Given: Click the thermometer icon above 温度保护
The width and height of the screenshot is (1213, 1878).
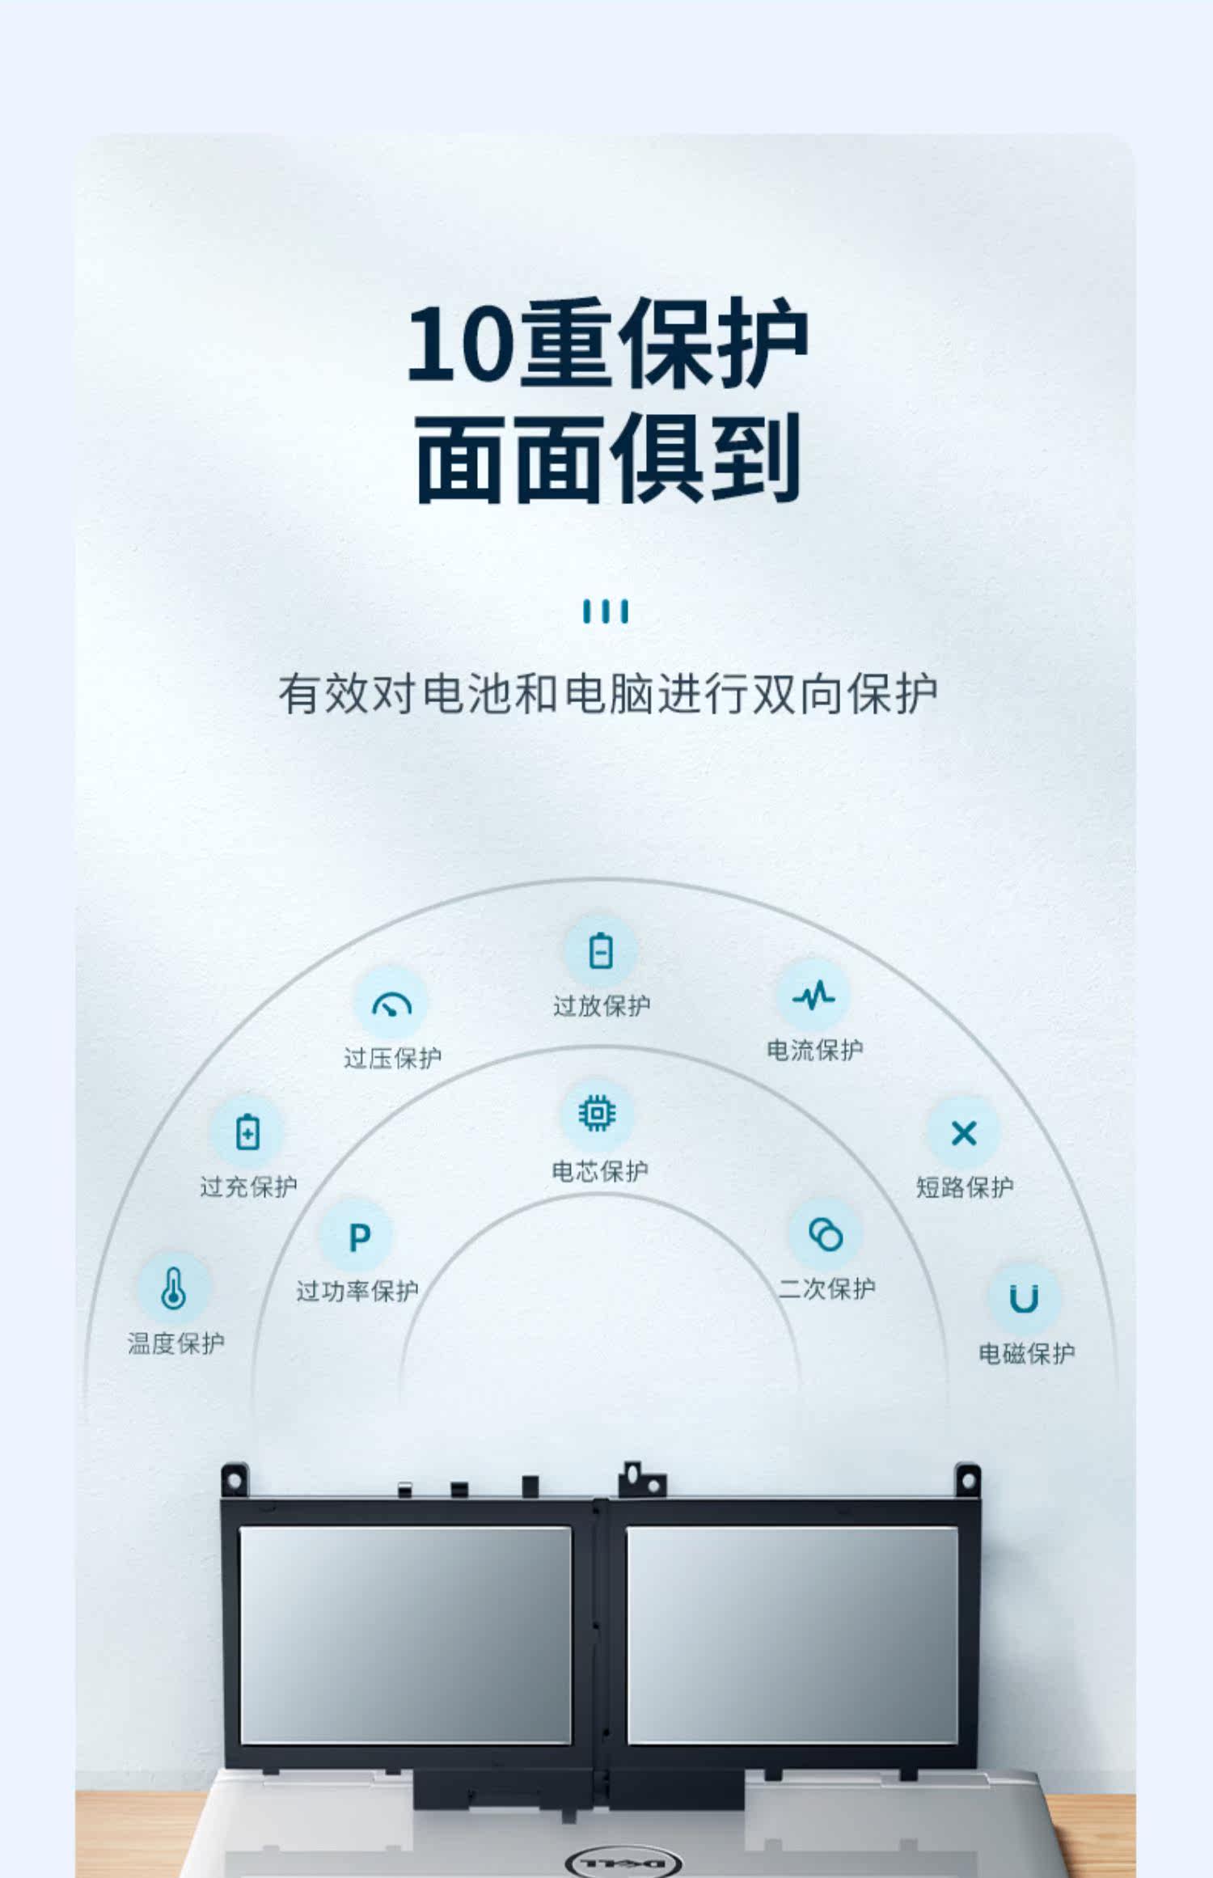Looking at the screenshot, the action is (x=174, y=1288).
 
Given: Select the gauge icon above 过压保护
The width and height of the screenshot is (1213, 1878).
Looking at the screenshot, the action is (x=391, y=1004).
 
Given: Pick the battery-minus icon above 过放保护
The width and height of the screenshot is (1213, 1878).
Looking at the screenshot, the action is (x=601, y=950).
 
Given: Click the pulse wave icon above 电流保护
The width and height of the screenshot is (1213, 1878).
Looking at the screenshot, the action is (x=813, y=995).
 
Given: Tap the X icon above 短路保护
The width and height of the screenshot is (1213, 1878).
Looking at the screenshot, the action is (x=964, y=1132).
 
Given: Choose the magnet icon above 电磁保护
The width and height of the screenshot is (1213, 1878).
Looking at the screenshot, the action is (x=1024, y=1299).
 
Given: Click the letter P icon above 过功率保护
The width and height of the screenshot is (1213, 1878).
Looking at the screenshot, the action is (x=359, y=1237).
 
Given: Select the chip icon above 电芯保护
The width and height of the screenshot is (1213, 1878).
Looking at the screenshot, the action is (x=597, y=1114).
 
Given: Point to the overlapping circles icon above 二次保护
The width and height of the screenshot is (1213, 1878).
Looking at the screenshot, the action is (x=826, y=1235).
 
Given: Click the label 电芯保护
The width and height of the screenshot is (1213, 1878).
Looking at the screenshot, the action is (x=599, y=1170).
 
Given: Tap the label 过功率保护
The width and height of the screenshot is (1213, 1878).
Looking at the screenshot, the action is (x=357, y=1291).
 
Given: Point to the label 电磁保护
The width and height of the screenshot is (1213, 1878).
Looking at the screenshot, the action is (x=1026, y=1353).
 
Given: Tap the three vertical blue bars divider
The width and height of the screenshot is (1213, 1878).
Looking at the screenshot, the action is (x=606, y=611).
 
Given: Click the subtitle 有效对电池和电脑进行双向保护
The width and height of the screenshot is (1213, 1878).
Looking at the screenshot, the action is (x=607, y=694).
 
